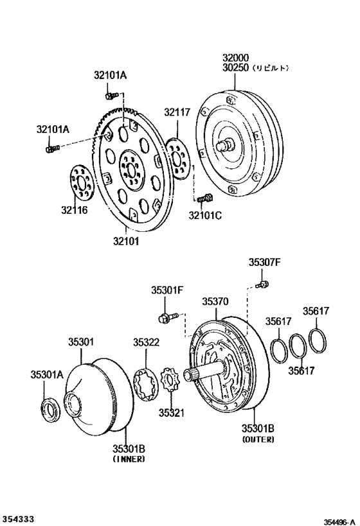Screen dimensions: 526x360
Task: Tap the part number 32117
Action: tap(176, 112)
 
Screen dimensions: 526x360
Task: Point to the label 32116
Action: tap(75, 209)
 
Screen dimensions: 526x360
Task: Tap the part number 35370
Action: tap(216, 301)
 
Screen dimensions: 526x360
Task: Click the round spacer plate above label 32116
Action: tap(81, 182)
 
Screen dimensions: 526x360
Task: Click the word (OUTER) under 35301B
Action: tap(258, 440)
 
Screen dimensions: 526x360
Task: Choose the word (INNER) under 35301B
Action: tap(129, 459)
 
